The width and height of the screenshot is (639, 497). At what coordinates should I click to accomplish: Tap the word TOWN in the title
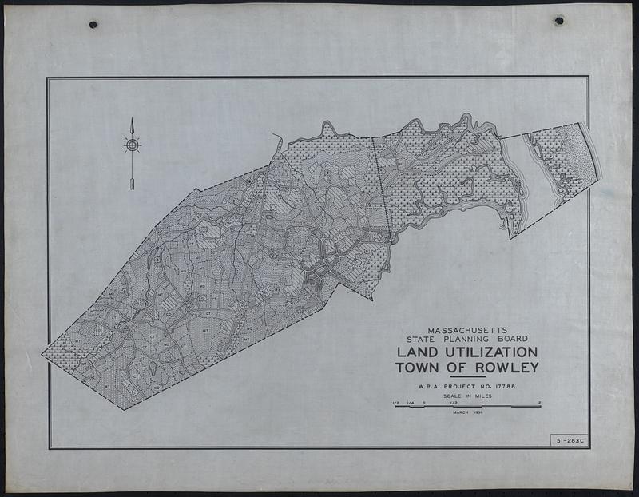[419, 368]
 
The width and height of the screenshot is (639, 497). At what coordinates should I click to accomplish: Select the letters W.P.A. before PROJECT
[428, 388]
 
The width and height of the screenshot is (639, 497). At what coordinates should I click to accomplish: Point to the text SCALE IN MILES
[467, 396]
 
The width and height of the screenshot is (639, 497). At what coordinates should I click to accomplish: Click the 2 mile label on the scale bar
[540, 402]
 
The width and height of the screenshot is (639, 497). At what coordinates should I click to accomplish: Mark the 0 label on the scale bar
[424, 402]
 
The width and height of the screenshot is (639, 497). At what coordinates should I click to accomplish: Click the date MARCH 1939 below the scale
[467, 412]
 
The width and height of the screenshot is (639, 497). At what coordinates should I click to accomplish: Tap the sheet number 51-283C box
[567, 440]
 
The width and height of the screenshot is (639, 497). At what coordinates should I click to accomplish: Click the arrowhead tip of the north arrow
[132, 120]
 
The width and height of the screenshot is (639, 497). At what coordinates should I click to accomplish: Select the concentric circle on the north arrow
[132, 145]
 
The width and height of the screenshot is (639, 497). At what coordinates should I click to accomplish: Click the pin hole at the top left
[93, 25]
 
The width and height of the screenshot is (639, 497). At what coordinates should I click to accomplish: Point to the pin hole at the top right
[558, 20]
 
